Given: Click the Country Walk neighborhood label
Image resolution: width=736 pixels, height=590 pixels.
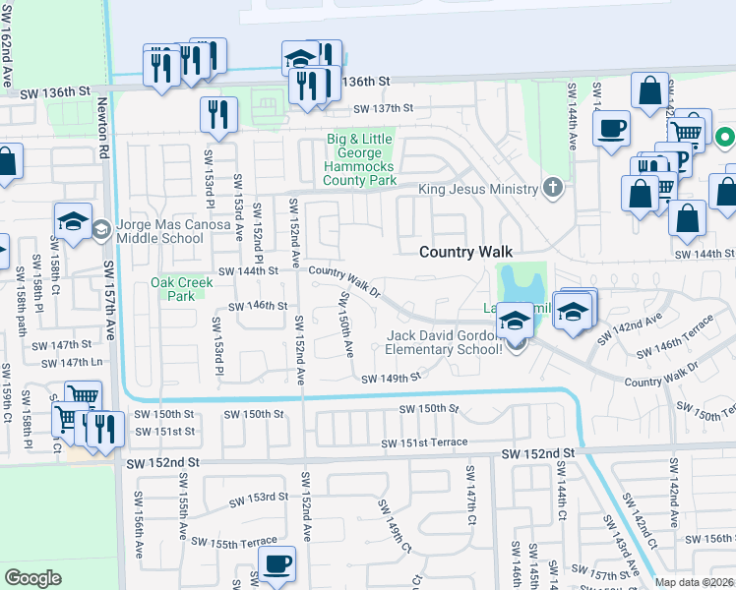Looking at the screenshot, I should point(465,252).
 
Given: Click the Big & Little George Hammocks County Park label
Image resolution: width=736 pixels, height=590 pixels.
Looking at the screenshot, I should point(361,160).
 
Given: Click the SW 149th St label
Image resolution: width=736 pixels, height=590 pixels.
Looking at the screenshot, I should point(391,379).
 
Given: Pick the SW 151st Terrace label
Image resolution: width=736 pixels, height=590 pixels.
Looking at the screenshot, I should point(425,442).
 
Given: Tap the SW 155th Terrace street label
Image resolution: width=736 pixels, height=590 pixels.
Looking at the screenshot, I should point(234,543).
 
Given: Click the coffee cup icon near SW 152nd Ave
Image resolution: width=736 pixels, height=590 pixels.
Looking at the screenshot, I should point(276,564).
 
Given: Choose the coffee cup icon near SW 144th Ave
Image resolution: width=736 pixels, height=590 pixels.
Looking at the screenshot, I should point(611,129).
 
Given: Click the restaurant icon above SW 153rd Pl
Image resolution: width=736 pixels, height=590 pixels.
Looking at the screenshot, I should point(218,115).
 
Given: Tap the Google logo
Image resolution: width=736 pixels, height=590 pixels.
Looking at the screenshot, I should point(32,578).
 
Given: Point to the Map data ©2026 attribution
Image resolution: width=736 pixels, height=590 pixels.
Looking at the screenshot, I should point(694,582).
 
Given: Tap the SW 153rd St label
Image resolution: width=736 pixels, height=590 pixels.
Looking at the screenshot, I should point(259,498).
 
